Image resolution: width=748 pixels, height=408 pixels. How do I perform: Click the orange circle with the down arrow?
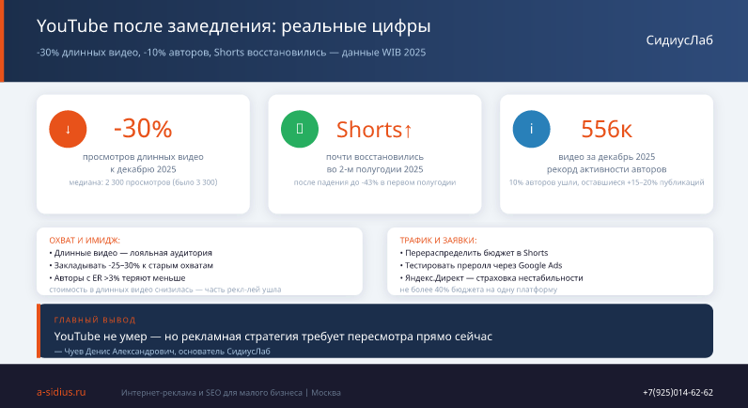pyautogui.click(x=68, y=129)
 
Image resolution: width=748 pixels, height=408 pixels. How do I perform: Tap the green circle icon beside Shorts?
pyautogui.click(x=300, y=129)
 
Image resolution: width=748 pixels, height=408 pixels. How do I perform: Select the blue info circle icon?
pyautogui.click(x=532, y=129)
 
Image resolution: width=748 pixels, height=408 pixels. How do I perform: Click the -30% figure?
pyautogui.click(x=143, y=129)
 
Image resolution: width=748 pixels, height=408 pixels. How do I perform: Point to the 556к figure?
pyautogui.click(x=606, y=129)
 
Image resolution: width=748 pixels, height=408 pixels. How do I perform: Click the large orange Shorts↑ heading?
pyautogui.click(x=375, y=130)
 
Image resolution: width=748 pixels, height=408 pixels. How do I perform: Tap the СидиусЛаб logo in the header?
pyautogui.click(x=679, y=40)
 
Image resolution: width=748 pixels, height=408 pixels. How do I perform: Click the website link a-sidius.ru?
pyautogui.click(x=61, y=392)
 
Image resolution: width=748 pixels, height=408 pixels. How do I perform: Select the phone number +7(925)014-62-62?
pyautogui.click(x=678, y=392)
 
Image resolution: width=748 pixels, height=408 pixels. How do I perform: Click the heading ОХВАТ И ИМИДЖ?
pyautogui.click(x=85, y=241)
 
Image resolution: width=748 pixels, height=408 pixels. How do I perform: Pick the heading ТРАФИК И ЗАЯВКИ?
pyautogui.click(x=438, y=241)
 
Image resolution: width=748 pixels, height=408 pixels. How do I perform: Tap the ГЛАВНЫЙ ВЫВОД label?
pyautogui.click(x=95, y=320)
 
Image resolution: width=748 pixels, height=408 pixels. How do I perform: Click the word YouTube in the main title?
pyautogui.click(x=72, y=25)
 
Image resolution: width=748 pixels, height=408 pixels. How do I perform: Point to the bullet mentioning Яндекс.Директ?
pyautogui.click(x=491, y=277)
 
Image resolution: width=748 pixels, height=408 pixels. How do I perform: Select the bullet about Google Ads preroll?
pyautogui.click(x=481, y=265)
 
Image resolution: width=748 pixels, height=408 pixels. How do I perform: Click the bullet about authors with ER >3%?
pyautogui.click(x=117, y=277)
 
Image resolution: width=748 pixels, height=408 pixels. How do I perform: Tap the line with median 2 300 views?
pyautogui.click(x=143, y=182)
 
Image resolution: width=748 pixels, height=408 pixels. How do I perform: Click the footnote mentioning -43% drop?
pyautogui.click(x=375, y=182)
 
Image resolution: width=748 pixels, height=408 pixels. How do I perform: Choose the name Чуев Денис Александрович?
pyautogui.click(x=119, y=352)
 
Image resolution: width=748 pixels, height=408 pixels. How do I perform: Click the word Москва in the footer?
pyautogui.click(x=326, y=393)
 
